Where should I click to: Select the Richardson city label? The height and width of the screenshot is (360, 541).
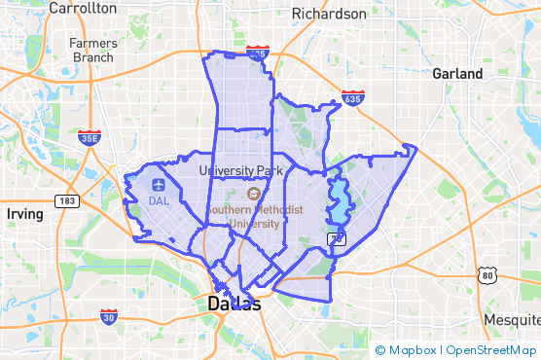coord(330,15)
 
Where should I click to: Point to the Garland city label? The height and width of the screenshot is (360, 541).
coord(458,74)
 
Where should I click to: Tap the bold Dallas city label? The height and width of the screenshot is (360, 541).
coord(234,305)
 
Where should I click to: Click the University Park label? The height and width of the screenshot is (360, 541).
coord(239,170)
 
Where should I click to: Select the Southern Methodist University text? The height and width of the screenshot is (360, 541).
coord(254,216)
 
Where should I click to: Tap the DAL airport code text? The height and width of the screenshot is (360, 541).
coord(159,201)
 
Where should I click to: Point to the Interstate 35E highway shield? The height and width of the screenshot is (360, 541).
coord(89,137)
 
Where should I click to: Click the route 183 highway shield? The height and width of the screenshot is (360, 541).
coord(67,201)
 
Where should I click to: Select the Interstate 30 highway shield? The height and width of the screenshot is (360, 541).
coord(110,317)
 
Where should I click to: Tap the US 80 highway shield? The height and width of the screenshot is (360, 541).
coord(487,275)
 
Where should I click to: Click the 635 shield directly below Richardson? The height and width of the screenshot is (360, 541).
coord(258,54)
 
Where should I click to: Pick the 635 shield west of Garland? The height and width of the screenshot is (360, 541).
coord(352,97)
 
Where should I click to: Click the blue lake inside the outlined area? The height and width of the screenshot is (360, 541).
coord(340,200)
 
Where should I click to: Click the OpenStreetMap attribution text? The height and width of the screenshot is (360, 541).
coord(489,349)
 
